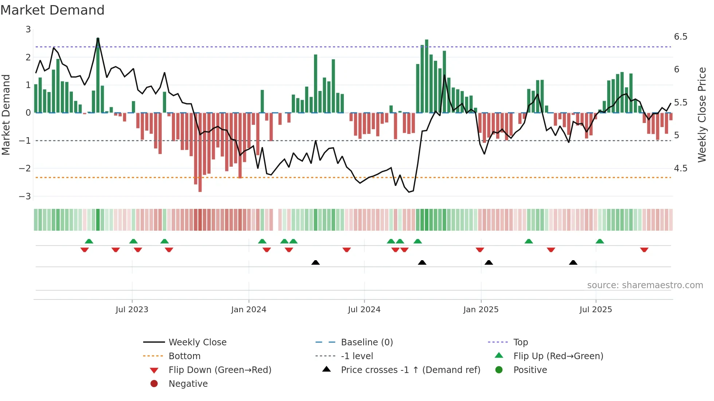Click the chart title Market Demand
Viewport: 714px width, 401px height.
(x=52, y=10)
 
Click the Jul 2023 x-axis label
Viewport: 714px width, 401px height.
(x=132, y=310)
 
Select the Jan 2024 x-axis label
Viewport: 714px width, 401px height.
(x=248, y=310)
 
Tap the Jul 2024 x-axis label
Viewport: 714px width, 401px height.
(x=364, y=310)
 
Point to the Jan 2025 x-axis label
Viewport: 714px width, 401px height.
(x=480, y=310)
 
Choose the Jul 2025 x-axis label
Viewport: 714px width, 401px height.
(x=596, y=310)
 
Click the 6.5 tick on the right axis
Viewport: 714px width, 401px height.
(x=680, y=37)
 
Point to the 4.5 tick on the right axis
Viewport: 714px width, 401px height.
(x=680, y=168)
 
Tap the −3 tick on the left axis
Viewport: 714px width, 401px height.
(x=25, y=196)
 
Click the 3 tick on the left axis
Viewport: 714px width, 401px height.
(x=28, y=29)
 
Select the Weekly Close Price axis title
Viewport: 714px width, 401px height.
(x=702, y=115)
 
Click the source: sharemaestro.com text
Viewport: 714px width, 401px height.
(x=645, y=285)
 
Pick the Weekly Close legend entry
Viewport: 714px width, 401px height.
(x=197, y=342)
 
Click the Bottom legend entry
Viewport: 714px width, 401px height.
(x=184, y=356)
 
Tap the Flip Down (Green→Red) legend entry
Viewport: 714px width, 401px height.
(x=220, y=370)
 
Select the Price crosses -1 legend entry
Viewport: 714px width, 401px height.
(x=410, y=370)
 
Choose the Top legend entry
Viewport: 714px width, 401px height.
(x=520, y=342)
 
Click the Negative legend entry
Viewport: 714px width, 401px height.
(x=188, y=384)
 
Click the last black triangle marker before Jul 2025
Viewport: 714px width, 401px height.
(x=573, y=263)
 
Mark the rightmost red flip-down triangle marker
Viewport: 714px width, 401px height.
(x=644, y=250)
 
